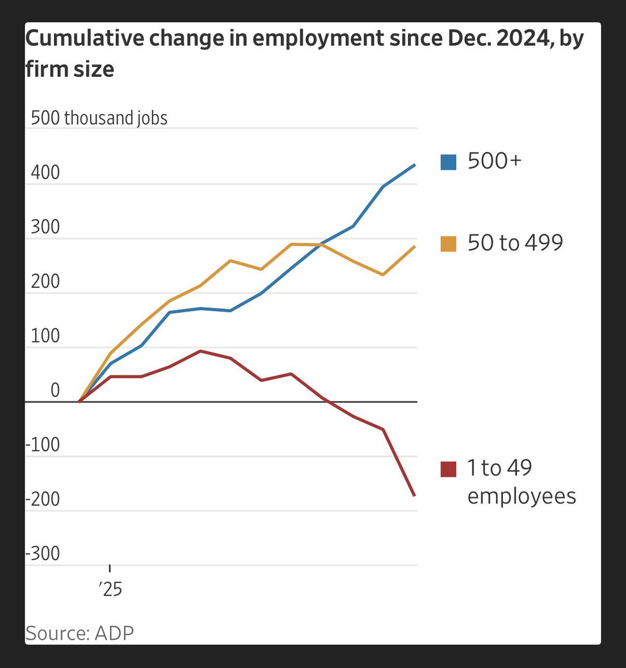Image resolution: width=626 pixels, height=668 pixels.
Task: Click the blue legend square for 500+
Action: click(x=448, y=162)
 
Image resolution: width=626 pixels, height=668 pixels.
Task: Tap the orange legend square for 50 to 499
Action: click(x=448, y=243)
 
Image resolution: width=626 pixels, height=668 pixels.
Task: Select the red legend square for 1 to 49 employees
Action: click(x=448, y=469)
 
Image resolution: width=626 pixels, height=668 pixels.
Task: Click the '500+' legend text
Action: click(x=495, y=161)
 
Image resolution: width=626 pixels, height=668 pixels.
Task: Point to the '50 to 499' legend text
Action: click(x=515, y=243)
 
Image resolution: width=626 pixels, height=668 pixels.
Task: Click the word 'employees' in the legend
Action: click(x=521, y=496)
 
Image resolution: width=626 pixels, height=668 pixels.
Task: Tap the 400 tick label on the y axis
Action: click(x=45, y=173)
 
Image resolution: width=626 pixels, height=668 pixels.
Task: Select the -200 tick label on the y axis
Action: click(x=43, y=499)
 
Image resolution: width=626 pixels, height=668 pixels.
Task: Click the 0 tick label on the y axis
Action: click(x=55, y=390)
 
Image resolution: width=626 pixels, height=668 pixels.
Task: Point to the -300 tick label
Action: click(x=43, y=554)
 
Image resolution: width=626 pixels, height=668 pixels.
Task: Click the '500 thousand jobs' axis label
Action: click(x=99, y=118)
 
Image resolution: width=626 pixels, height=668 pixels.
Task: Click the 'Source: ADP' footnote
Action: click(x=80, y=633)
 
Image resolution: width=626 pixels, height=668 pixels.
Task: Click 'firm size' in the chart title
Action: click(x=70, y=69)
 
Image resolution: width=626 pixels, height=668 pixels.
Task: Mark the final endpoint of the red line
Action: click(x=414, y=495)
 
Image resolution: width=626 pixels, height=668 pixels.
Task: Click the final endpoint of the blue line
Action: click(x=414, y=165)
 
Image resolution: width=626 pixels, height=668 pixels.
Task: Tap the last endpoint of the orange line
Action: click(x=414, y=246)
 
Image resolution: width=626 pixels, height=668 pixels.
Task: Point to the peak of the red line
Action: click(x=200, y=351)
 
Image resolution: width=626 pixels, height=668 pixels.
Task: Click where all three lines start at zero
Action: click(x=80, y=401)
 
